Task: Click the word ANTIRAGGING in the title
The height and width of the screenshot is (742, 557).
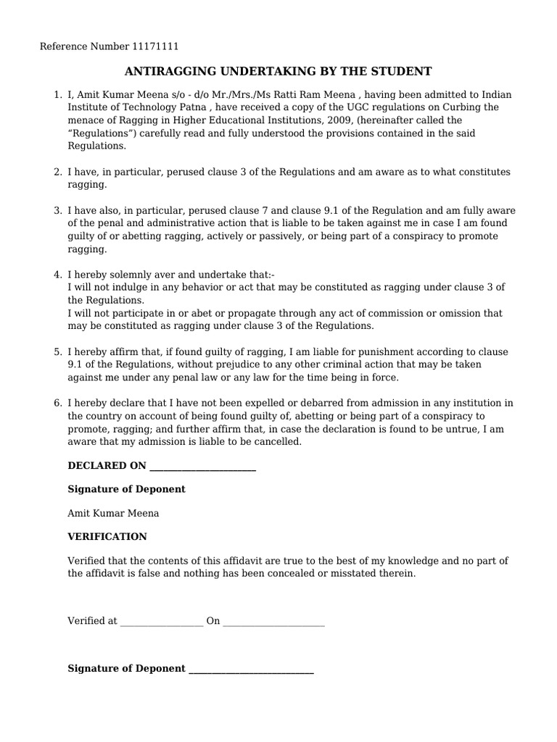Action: (168, 71)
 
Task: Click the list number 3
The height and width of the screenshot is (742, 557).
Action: (57, 210)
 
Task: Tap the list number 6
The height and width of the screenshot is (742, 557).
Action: (57, 402)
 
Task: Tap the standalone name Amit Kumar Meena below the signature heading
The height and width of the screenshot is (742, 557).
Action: (113, 513)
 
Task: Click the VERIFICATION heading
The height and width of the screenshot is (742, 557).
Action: (107, 537)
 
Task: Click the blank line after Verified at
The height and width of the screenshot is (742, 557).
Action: (162, 622)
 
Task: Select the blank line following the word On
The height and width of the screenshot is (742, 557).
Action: (273, 622)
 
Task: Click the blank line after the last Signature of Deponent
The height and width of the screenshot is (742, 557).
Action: (251, 670)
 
